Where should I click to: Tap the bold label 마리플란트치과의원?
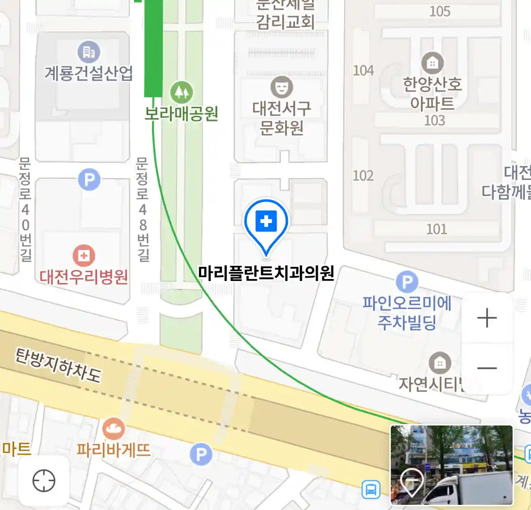coord(266,273)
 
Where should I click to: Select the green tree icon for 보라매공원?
coord(181,92)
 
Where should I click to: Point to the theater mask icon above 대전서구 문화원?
coord(282,87)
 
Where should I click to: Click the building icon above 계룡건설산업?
coord(89,52)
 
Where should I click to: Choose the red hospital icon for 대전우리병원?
coord(84,256)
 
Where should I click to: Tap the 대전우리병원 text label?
coord(84,277)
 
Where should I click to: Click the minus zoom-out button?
coord(487,368)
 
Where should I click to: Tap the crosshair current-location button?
coord(44,481)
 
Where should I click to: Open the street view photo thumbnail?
coord(451,465)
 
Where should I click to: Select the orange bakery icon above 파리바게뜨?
coord(114,428)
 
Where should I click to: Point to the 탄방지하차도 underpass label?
coord(58,365)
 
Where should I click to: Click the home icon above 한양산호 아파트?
coord(432,63)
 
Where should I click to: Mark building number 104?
coord(363,71)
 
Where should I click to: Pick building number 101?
coord(437,229)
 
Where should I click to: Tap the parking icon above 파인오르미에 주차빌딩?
coord(407,282)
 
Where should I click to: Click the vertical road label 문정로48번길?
coord(143,209)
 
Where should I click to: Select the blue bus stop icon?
coord(371,489)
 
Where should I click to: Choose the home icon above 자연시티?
coord(440,363)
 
